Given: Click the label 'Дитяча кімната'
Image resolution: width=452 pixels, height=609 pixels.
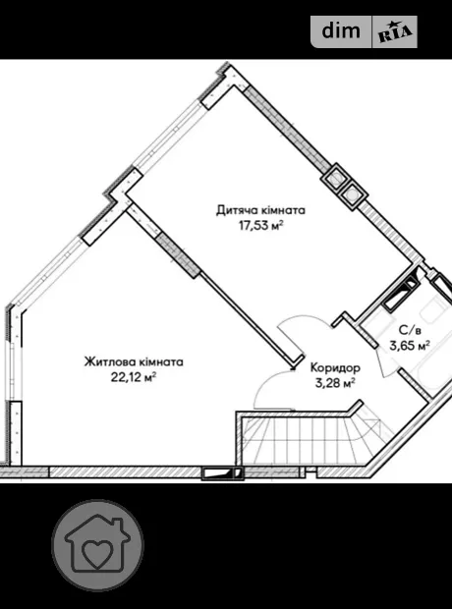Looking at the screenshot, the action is point(260,210).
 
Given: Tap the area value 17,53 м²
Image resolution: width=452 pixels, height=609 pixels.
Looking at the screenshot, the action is point(260,225).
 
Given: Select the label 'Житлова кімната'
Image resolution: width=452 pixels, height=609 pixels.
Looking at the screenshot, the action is point(134,362).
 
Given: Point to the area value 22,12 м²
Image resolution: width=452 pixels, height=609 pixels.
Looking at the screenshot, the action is point(134,377).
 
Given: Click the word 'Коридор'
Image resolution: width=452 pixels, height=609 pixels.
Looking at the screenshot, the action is point(335,367).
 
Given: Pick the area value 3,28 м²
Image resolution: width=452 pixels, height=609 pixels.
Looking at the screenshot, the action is point(335,383).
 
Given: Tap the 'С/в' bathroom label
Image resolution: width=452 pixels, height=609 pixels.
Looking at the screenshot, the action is point(410,330).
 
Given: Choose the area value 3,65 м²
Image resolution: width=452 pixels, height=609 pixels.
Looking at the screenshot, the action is point(410,346).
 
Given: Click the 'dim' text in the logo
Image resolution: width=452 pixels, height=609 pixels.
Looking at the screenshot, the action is point(341,31).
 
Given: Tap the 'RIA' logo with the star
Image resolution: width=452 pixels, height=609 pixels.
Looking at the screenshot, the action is point(395,33).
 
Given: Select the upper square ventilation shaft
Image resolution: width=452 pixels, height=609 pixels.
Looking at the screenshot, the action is point(335,178).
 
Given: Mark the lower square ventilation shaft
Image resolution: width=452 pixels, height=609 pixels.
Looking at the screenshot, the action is point(353,194).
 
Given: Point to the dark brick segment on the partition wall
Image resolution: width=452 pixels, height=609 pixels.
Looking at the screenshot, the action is point(178,254).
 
